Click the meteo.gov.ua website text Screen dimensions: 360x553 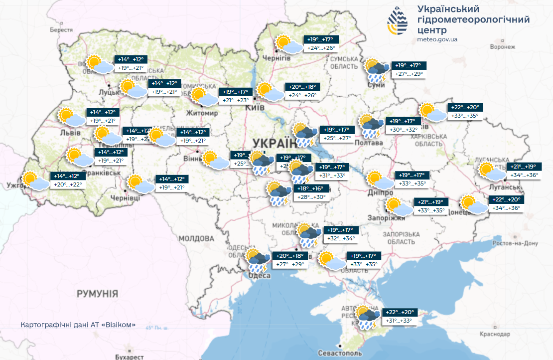(x=437, y=39)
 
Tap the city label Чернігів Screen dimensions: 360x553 (x=276, y=58)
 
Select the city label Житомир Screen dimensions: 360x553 (x=202, y=113)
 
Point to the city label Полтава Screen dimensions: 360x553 (x=369, y=143)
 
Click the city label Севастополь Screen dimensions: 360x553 (x=340, y=353)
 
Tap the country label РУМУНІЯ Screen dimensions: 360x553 (x=97, y=294)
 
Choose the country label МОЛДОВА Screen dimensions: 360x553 (x=196, y=238)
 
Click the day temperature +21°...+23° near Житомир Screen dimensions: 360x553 (x=236, y=100)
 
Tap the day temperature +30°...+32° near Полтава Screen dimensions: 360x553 (x=404, y=130)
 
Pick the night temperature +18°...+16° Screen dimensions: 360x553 (x=310, y=189)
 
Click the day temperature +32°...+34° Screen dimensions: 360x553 (x=340, y=238)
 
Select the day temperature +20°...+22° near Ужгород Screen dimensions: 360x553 (x=67, y=184)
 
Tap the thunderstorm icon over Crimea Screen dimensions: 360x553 (x=367, y=318)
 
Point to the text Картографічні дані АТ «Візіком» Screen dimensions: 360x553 (x=78, y=325)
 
